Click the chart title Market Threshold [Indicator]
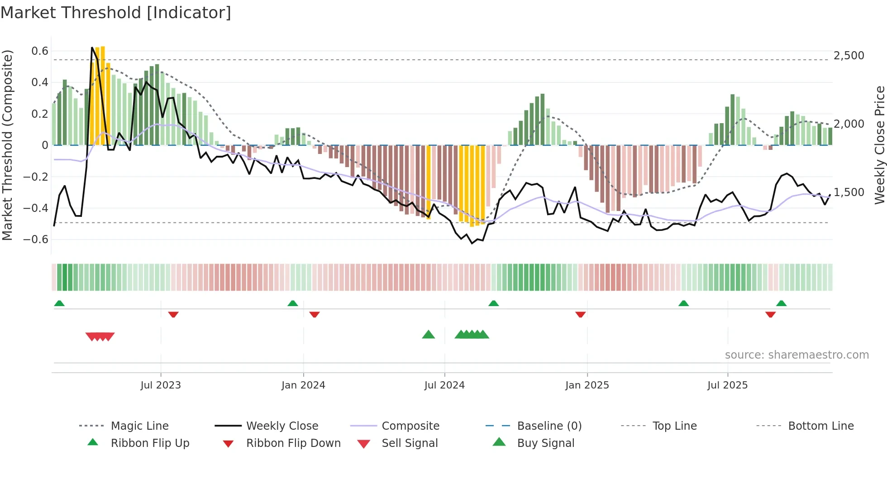(x=116, y=13)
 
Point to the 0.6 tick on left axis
(x=40, y=51)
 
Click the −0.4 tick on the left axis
(x=36, y=208)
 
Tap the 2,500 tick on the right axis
(x=849, y=56)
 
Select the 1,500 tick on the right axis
(x=849, y=192)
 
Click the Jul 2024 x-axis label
(x=444, y=385)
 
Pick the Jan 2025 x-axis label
(x=587, y=385)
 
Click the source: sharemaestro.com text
(x=796, y=355)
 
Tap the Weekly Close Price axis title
(x=879, y=145)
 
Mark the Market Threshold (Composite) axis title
(x=7, y=145)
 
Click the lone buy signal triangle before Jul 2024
(x=428, y=335)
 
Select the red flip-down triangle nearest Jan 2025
(x=580, y=314)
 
